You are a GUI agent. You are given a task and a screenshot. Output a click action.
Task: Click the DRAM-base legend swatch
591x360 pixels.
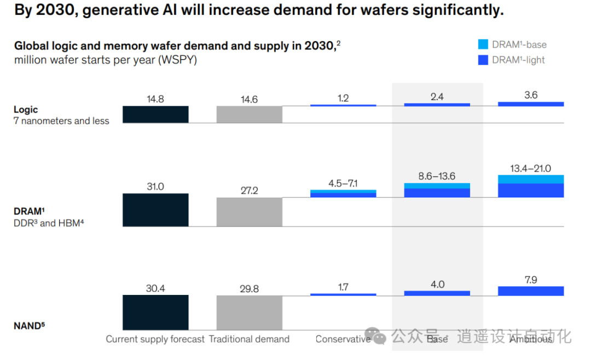click(483, 44)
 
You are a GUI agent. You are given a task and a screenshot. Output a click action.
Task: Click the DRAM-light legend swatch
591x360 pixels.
click(483, 60)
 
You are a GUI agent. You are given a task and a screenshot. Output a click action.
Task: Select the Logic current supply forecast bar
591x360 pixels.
click(155, 114)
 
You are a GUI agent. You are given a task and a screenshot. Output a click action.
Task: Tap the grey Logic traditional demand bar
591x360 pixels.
click(250, 114)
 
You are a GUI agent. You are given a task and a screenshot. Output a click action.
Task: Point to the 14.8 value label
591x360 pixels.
click(155, 99)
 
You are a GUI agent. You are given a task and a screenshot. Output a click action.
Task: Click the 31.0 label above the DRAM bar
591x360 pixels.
click(155, 187)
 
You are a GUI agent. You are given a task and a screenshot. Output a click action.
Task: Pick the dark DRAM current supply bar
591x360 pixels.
click(155, 210)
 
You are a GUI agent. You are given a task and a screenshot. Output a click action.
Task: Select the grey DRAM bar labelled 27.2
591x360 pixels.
click(250, 212)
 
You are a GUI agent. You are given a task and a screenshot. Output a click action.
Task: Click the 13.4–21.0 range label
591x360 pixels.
click(531, 168)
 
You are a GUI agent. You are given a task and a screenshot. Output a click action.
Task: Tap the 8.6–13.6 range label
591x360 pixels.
click(437, 177)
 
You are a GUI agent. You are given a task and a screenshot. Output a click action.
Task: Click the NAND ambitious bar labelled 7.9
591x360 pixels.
click(531, 291)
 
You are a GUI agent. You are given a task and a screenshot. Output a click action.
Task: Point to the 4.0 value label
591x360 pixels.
click(437, 284)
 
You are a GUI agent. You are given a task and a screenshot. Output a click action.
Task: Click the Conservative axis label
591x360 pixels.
click(343, 339)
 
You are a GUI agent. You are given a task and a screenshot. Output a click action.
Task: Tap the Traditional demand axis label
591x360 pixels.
click(250, 339)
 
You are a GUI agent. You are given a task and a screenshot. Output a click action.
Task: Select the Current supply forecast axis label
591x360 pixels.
click(155, 339)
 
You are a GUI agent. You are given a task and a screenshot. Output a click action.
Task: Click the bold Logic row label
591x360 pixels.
click(26, 109)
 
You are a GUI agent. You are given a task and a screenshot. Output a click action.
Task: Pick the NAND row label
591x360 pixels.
click(28, 326)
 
